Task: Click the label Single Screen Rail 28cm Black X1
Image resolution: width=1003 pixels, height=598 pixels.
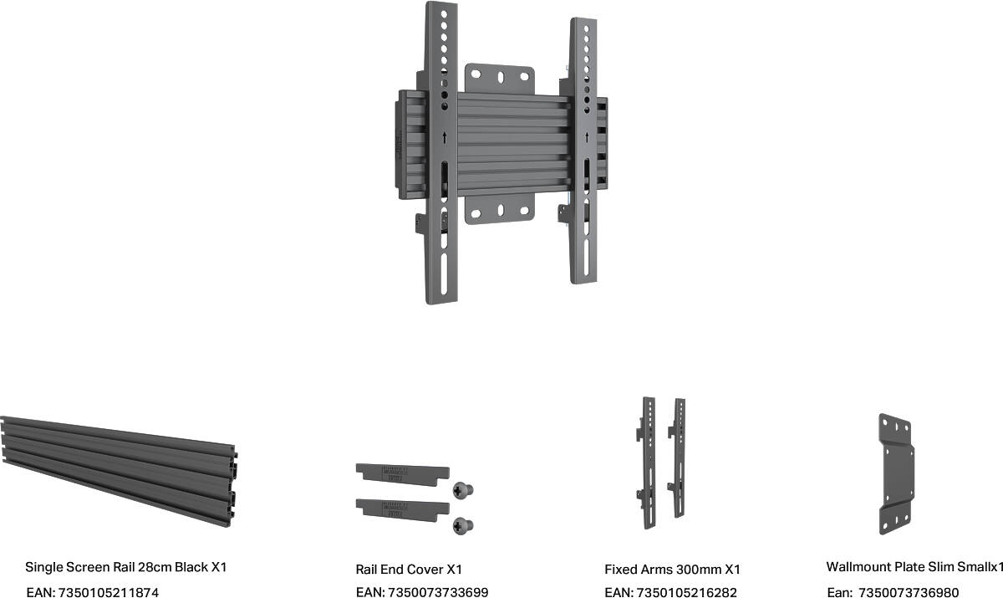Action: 126,567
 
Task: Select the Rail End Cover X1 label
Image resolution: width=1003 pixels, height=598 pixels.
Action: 409,570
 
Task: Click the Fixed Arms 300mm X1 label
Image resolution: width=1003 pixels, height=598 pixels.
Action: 672,570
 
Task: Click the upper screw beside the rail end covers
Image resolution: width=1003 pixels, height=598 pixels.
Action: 463,490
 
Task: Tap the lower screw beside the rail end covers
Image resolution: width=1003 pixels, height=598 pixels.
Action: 463,525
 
